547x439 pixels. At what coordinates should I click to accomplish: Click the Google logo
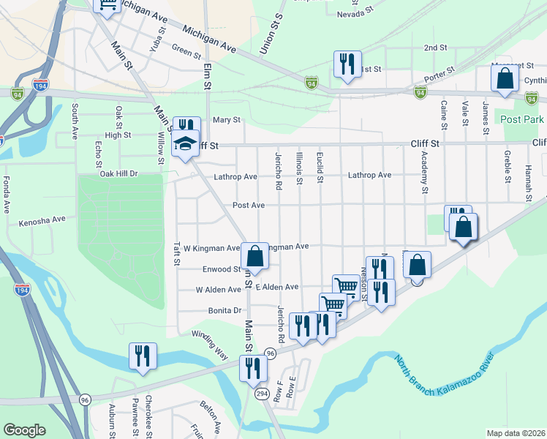point(25,430)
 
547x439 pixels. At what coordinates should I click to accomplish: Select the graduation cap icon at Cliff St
point(186,143)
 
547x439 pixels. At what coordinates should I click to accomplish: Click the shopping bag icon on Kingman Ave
point(254,257)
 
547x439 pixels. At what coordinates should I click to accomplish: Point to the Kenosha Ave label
point(42,219)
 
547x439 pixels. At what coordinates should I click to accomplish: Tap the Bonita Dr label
point(224,310)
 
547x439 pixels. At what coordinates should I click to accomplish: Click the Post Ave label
point(248,206)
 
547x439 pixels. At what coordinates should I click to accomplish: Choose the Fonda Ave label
point(7,194)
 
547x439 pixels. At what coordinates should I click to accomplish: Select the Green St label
point(186,52)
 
